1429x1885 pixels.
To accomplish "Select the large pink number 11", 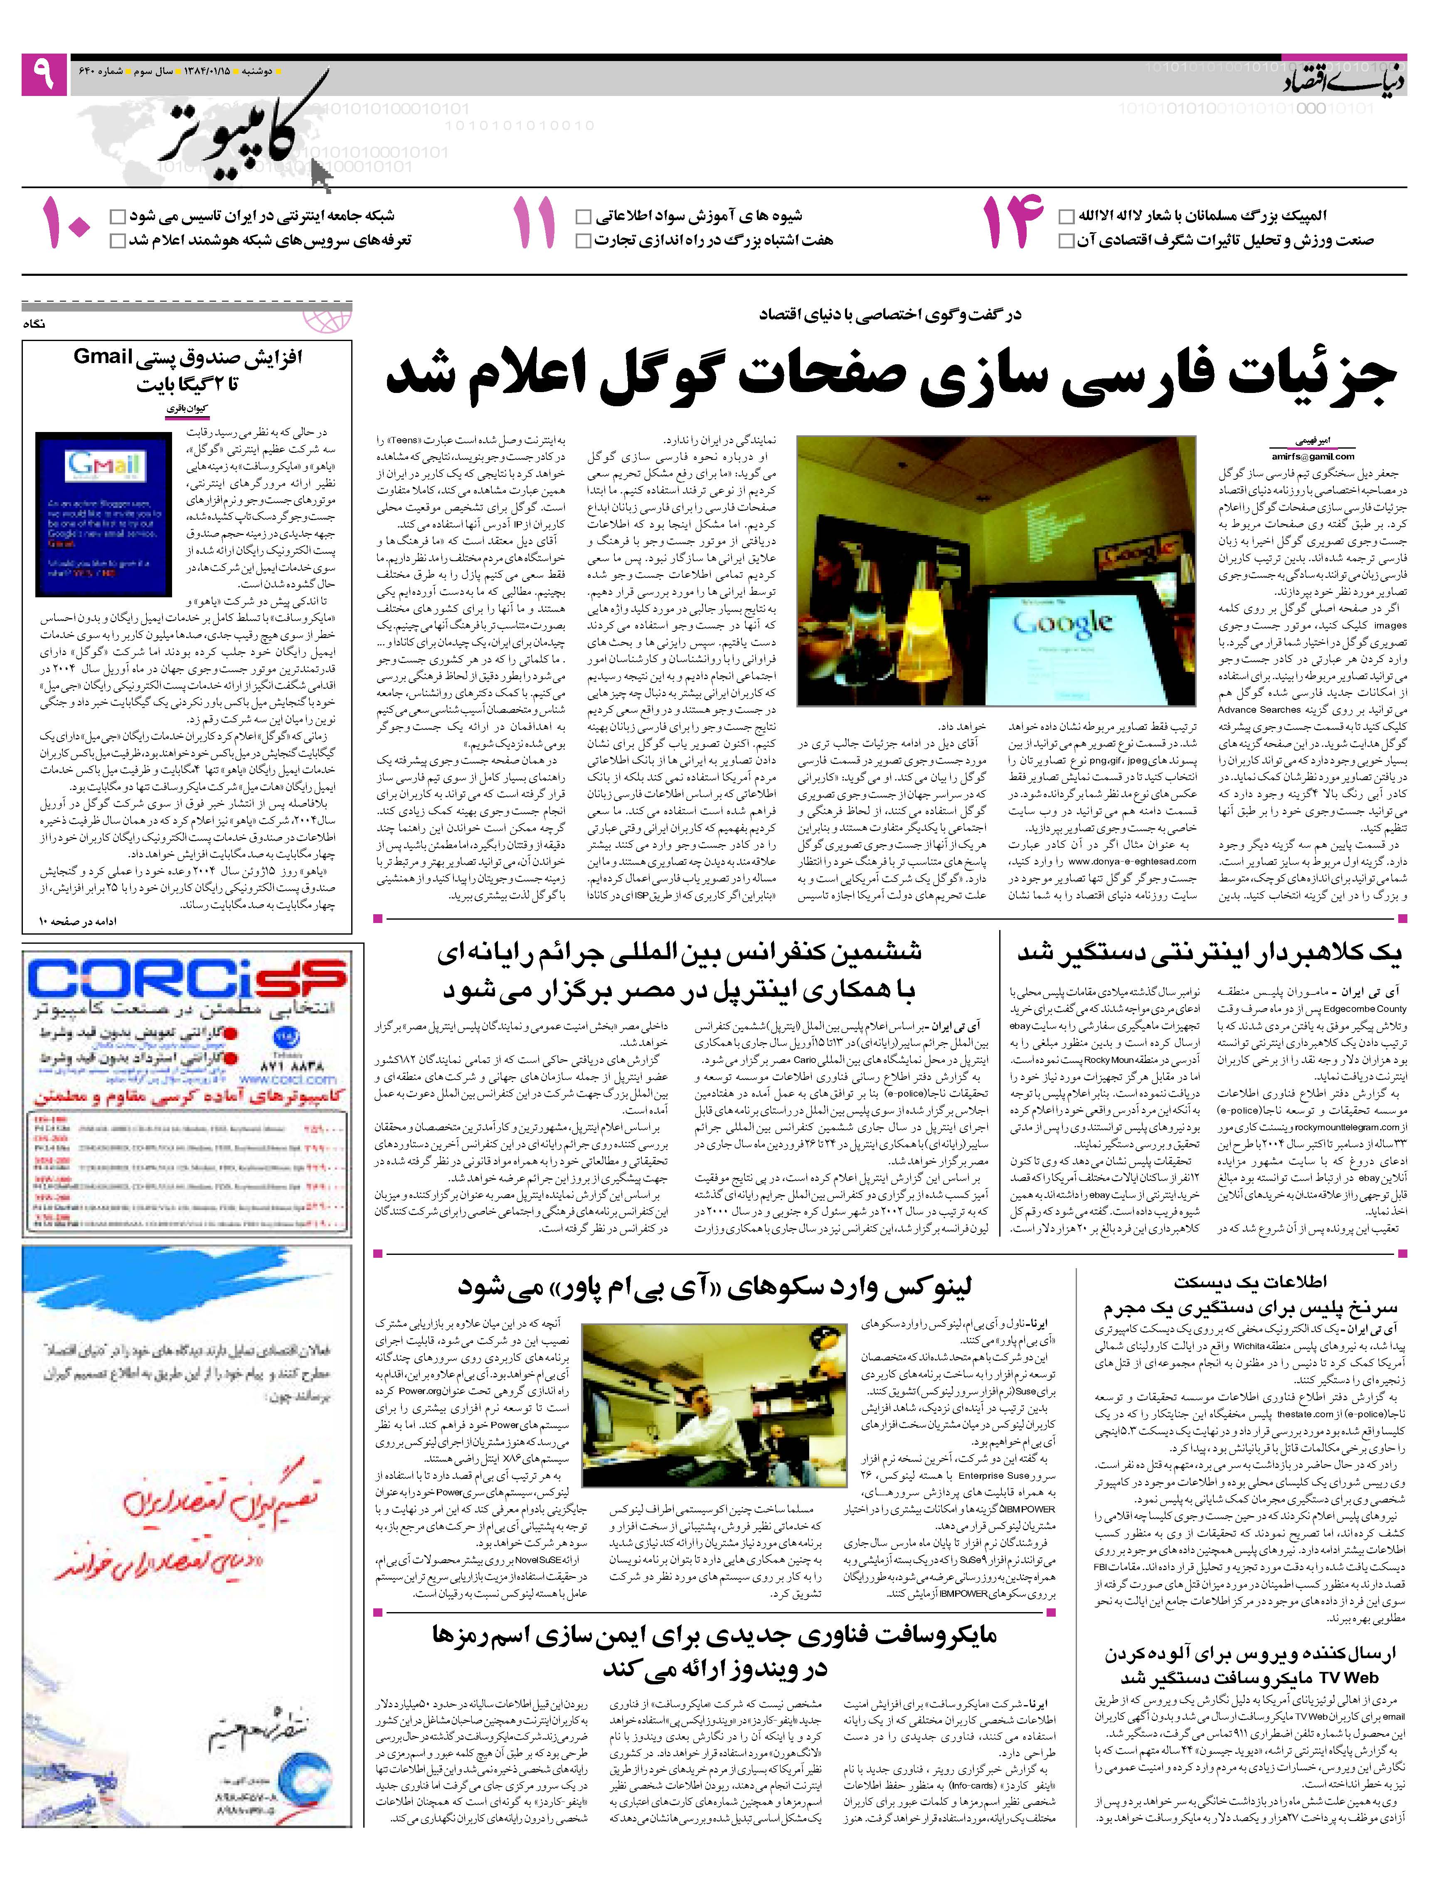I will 535,223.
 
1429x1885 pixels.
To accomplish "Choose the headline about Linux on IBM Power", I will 714,1287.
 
